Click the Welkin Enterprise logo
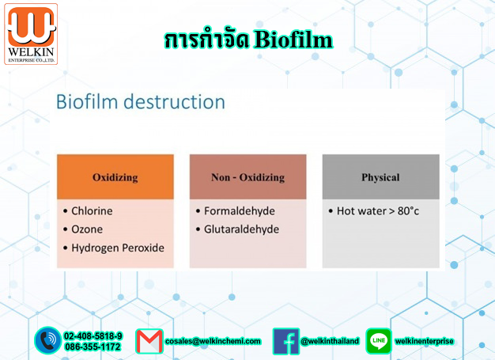click(31, 34)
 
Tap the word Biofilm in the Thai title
click(293, 40)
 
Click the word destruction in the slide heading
click(174, 102)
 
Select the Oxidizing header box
click(115, 177)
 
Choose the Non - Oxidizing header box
click(247, 177)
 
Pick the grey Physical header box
click(380, 177)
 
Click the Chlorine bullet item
click(88, 211)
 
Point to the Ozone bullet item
click(83, 229)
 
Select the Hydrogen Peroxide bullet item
click(114, 248)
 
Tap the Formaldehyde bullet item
click(236, 211)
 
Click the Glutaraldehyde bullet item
click(237, 229)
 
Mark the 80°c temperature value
click(408, 211)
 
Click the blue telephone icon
click(48, 340)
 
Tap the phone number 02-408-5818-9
click(93, 335)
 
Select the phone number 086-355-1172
click(93, 347)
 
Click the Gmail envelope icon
click(149, 341)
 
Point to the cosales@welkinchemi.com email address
click(213, 341)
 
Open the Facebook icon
click(286, 341)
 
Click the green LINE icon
click(379, 341)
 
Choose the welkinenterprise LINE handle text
click(425, 341)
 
